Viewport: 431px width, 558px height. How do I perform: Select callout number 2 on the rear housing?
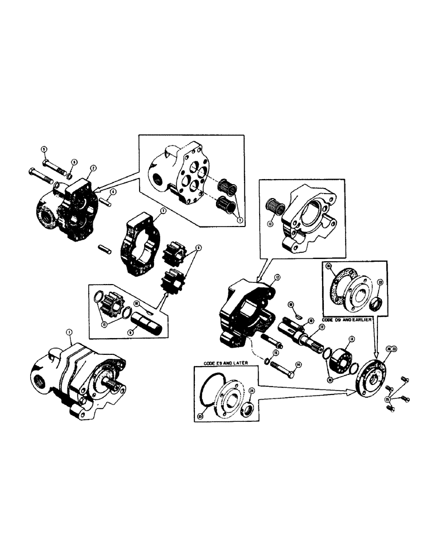coord(93,167)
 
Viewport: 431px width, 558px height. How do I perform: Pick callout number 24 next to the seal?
coord(251,391)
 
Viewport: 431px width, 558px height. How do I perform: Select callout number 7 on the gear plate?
coord(161,211)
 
